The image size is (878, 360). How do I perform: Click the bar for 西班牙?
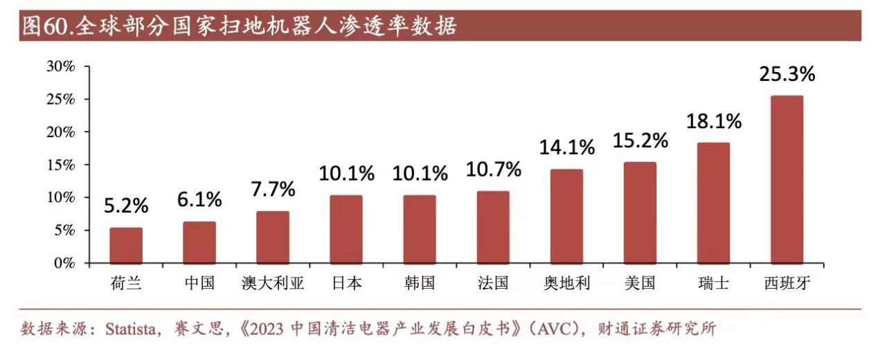(x=787, y=179)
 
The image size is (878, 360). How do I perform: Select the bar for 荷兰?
(x=126, y=245)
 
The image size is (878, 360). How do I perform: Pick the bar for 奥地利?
(x=566, y=216)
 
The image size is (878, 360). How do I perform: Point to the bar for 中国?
(x=199, y=242)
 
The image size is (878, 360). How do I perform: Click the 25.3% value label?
(x=787, y=74)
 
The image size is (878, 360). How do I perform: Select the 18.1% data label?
(x=714, y=122)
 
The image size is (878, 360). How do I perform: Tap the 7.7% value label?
(x=273, y=188)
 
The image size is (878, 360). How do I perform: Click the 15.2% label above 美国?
(x=640, y=141)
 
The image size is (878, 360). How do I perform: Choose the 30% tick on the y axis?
(x=60, y=66)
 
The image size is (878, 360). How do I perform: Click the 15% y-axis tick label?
(x=60, y=165)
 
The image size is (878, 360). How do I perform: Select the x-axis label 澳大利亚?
(x=273, y=283)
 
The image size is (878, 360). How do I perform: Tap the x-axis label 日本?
(x=346, y=283)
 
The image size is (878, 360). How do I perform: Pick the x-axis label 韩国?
(x=420, y=283)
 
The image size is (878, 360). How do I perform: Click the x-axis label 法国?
(x=493, y=283)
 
